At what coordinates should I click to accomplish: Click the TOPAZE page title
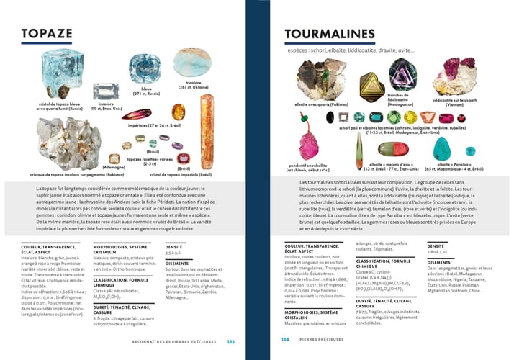point(47,34)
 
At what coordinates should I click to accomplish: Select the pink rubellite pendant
point(310,144)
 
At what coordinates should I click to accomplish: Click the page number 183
point(230,341)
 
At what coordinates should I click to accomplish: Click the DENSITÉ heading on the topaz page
point(173,246)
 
